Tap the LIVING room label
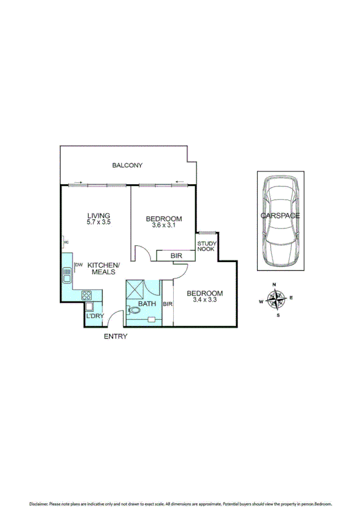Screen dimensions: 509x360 point(98,216)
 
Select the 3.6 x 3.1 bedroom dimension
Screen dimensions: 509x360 point(164,225)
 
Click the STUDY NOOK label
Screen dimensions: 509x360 point(207,246)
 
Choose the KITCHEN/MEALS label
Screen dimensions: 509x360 point(104,269)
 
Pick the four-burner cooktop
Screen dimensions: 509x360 point(86,295)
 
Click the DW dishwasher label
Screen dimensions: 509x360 point(78,264)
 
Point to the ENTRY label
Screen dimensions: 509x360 point(116,336)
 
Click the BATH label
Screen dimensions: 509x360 point(147,304)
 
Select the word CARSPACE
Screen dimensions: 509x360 point(280,215)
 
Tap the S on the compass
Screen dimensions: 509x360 point(277,314)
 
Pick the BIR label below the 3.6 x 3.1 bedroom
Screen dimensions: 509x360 point(176,256)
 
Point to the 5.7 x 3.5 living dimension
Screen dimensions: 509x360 point(99,222)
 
